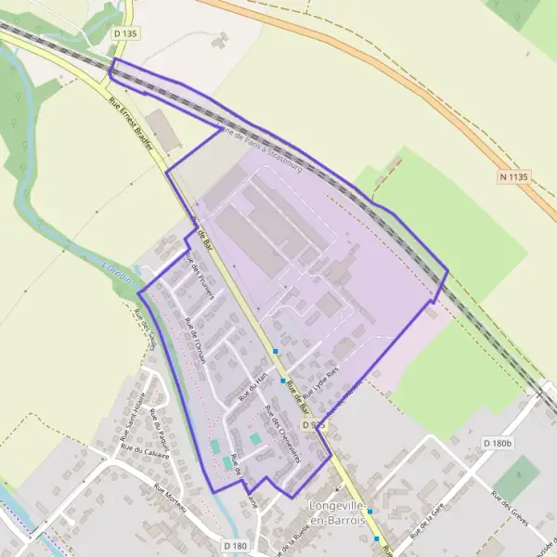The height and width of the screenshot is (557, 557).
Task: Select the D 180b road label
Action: (x=498, y=444)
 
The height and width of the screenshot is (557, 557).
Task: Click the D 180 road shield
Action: (x=235, y=546)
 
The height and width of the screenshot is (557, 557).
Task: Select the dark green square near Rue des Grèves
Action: (x=517, y=475)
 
